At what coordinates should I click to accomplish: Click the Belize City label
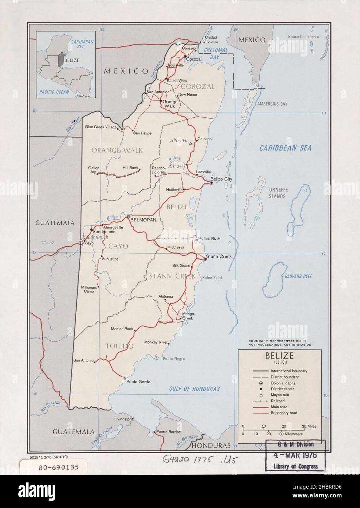[x=223, y=179]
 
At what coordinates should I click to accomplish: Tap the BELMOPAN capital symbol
[x=128, y=217]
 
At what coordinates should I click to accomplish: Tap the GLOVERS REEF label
[x=298, y=276]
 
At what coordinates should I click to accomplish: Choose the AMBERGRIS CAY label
[x=272, y=104]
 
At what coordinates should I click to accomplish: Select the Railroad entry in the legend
[x=279, y=401]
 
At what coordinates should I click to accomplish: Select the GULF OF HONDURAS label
[x=194, y=389]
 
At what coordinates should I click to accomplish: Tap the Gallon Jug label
[x=94, y=170]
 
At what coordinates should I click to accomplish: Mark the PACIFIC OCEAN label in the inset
[x=54, y=92]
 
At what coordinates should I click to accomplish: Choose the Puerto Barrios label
[x=168, y=432]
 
